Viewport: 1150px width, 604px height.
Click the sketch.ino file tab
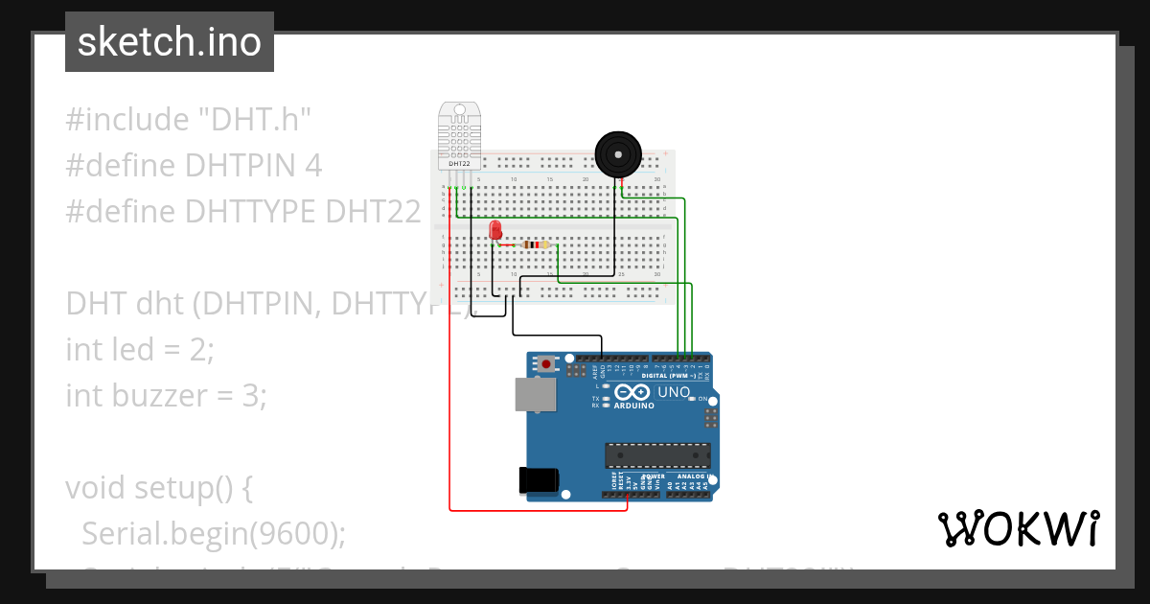click(x=170, y=42)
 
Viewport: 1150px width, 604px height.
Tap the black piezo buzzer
click(x=617, y=153)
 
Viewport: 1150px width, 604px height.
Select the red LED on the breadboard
click(x=495, y=230)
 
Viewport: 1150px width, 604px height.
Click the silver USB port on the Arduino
click(x=534, y=394)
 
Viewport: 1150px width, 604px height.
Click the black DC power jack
click(x=536, y=479)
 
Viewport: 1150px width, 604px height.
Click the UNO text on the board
click(x=674, y=392)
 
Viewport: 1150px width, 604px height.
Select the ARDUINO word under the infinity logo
click(x=632, y=406)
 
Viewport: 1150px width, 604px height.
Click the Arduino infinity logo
click(x=632, y=392)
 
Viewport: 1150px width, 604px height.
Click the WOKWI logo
click(x=1018, y=528)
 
